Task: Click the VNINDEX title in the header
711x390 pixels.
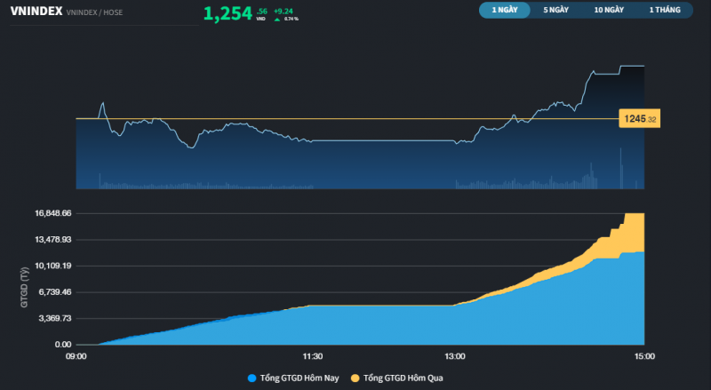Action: click(x=36, y=13)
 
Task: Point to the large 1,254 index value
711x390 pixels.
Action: click(x=228, y=13)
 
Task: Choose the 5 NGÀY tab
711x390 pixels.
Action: click(x=556, y=11)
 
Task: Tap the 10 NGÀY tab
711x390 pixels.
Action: click(x=609, y=11)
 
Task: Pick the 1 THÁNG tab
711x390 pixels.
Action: click(x=664, y=11)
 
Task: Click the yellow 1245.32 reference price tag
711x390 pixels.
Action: click(x=640, y=118)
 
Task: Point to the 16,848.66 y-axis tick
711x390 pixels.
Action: click(x=52, y=213)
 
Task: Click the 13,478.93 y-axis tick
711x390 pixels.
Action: click(x=52, y=239)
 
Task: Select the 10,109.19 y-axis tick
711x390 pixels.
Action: click(x=52, y=266)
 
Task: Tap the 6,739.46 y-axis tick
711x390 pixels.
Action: click(x=54, y=291)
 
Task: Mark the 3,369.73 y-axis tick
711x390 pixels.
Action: click(x=54, y=318)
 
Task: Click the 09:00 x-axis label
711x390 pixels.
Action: click(x=76, y=356)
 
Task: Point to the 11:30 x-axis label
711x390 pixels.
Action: click(x=312, y=356)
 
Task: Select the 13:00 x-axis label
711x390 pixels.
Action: click(x=454, y=356)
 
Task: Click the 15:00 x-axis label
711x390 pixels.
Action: click(x=644, y=356)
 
